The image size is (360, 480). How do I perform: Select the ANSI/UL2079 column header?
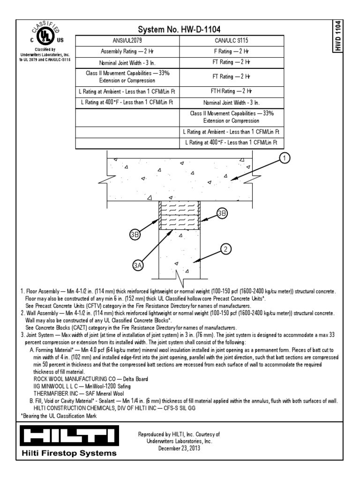pyautogui.click(x=127, y=41)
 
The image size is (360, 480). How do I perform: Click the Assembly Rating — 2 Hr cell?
pyautogui.click(x=127, y=51)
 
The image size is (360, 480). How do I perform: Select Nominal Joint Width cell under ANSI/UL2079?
pyautogui.click(x=127, y=63)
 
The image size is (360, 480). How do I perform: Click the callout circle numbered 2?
pyautogui.click(x=225, y=249)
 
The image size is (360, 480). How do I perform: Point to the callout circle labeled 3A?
pyautogui.click(x=138, y=266)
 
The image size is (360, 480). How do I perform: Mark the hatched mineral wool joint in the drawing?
pyautogui.click(x=180, y=215)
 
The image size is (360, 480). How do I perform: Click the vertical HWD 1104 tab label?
pyautogui.click(x=337, y=37)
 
